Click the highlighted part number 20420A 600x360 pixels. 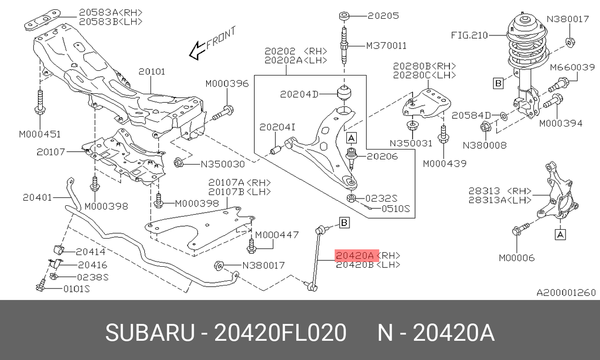(x=354, y=256)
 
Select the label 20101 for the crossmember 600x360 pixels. (x=152, y=71)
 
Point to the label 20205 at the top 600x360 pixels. (x=383, y=16)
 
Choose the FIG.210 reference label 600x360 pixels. (x=469, y=35)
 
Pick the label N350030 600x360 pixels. (x=222, y=164)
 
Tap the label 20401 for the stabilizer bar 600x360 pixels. (x=38, y=197)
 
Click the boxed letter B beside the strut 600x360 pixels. (x=498, y=82)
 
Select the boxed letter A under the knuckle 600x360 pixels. (x=560, y=235)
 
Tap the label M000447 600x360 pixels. (x=277, y=235)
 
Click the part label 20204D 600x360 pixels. (x=299, y=94)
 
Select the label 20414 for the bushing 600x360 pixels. (x=91, y=252)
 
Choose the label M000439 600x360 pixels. (x=444, y=164)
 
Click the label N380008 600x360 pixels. (x=484, y=145)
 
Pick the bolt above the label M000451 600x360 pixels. (x=40, y=104)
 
